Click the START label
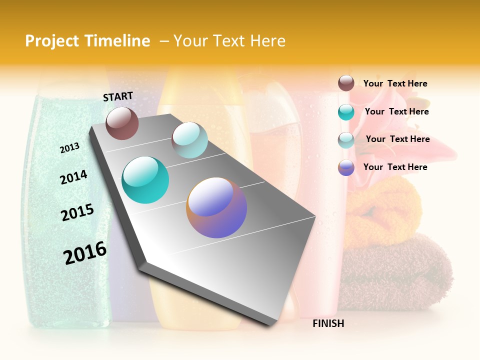tap(118, 96)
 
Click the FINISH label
tap(328, 323)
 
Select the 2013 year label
tap(69, 147)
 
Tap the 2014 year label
tap(73, 177)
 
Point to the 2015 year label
tap(77, 212)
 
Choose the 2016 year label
tap(85, 253)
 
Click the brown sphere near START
tap(122, 123)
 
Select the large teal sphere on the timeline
tap(145, 180)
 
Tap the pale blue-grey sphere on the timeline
tap(189, 140)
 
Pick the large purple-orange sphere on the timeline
tap(216, 207)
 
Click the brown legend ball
tap(346, 83)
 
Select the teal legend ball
tap(346, 112)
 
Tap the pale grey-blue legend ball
tap(346, 140)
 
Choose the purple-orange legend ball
tap(346, 167)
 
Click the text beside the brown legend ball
tap(395, 83)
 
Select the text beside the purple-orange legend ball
tap(395, 167)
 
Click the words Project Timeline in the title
tap(87, 41)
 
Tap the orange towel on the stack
tap(382, 210)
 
